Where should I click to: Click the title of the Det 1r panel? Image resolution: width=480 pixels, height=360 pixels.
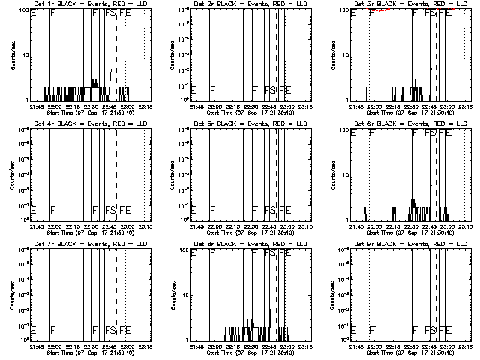78,4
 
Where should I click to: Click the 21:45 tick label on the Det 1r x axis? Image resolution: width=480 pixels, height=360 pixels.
37,107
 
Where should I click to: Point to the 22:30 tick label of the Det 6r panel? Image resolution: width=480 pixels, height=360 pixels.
412,226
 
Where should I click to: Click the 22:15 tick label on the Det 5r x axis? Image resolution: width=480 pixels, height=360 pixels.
233,226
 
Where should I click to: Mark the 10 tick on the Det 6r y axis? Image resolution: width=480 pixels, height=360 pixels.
345,174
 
